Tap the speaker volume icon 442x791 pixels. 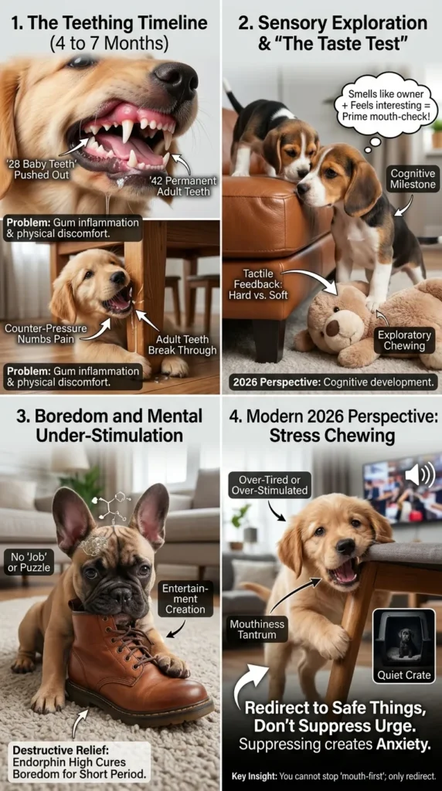[x=420, y=474]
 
